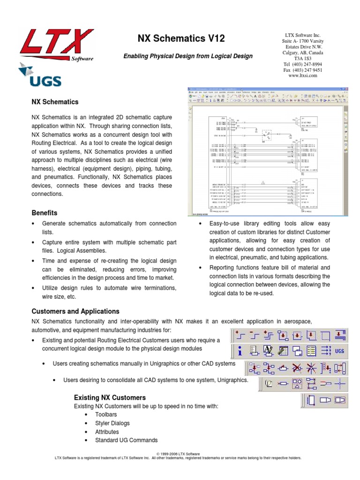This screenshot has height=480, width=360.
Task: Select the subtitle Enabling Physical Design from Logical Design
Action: point(187,56)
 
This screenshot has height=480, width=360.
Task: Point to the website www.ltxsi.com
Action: point(303,75)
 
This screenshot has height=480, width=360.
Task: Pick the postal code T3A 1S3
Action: point(303,59)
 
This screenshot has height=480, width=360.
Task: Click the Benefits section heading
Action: point(44,213)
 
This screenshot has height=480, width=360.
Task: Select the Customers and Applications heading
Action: point(75,311)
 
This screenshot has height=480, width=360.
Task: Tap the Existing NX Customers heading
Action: point(110,397)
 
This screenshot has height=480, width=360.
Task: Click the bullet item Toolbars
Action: point(106,415)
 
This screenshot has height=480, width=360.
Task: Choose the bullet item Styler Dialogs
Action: point(112,423)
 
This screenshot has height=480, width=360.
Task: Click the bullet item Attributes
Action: point(107,432)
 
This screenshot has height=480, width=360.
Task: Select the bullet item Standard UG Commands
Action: point(126,440)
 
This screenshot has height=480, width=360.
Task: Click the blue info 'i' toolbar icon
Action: point(240,350)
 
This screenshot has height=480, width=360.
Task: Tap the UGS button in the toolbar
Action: point(340,350)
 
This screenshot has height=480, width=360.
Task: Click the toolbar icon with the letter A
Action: point(268,350)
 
